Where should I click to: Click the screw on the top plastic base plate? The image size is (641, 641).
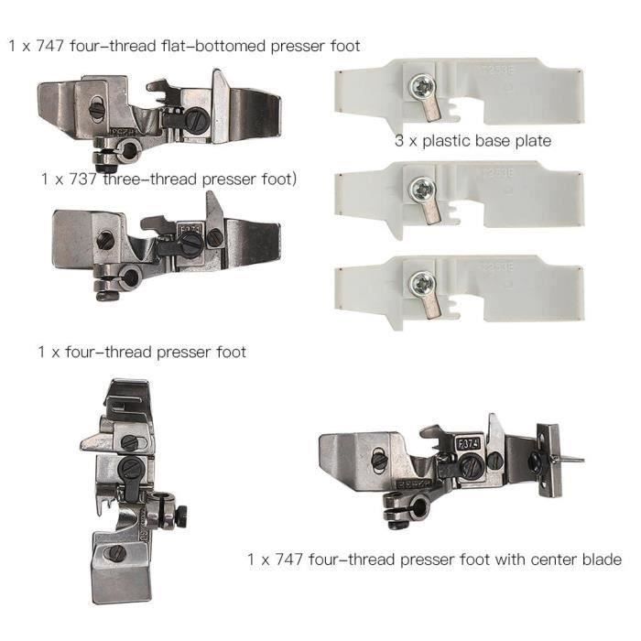422,88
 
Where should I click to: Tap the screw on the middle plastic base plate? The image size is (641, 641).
422,190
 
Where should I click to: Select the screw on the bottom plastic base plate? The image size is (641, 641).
422,284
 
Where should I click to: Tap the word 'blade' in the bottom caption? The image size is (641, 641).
602,559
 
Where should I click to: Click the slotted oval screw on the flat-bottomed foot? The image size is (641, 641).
97,108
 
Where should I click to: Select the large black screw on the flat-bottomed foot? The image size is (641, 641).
197,118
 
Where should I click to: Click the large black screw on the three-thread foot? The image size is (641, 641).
190,245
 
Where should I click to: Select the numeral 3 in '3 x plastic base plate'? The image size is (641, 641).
399,141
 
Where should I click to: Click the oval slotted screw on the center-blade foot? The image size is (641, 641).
380,459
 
